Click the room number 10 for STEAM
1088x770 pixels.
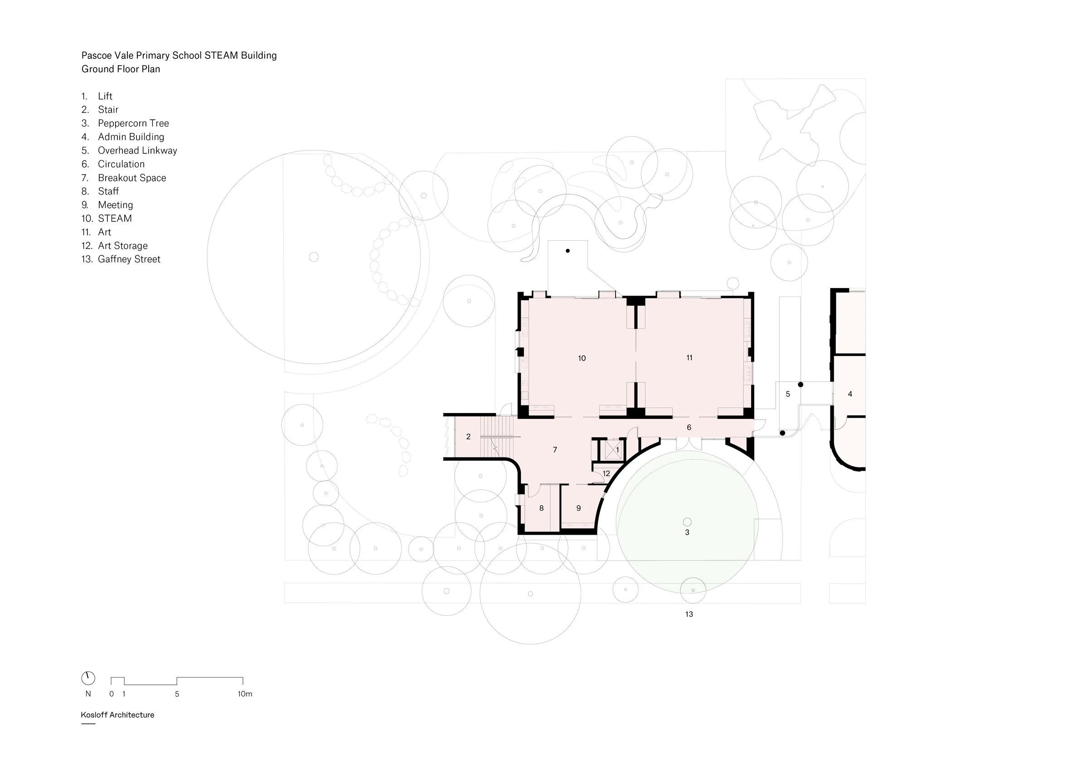582,358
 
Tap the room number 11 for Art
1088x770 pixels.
689,358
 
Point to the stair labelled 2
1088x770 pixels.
468,437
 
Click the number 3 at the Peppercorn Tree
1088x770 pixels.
687,532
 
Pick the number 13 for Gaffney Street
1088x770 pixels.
689,614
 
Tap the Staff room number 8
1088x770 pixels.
541,508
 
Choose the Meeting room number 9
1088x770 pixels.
578,508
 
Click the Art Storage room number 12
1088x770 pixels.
606,474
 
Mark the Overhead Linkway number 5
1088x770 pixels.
787,394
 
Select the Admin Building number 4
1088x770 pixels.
850,394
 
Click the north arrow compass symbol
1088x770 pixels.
88,678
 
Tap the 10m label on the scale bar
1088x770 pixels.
244,694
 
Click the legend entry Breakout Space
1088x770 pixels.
132,178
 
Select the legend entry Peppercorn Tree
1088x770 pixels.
133,123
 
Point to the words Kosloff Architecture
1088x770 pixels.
117,715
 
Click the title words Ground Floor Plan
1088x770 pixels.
121,69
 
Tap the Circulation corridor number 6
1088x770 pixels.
689,428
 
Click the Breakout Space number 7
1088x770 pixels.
554,450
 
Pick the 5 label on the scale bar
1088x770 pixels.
177,694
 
